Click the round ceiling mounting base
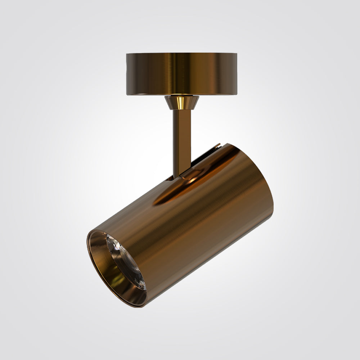click(x=182, y=74)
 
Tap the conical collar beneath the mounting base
click(x=182, y=103)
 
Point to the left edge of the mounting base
click(x=127, y=74)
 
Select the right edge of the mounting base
click(x=237, y=74)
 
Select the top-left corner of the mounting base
click(x=127, y=54)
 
